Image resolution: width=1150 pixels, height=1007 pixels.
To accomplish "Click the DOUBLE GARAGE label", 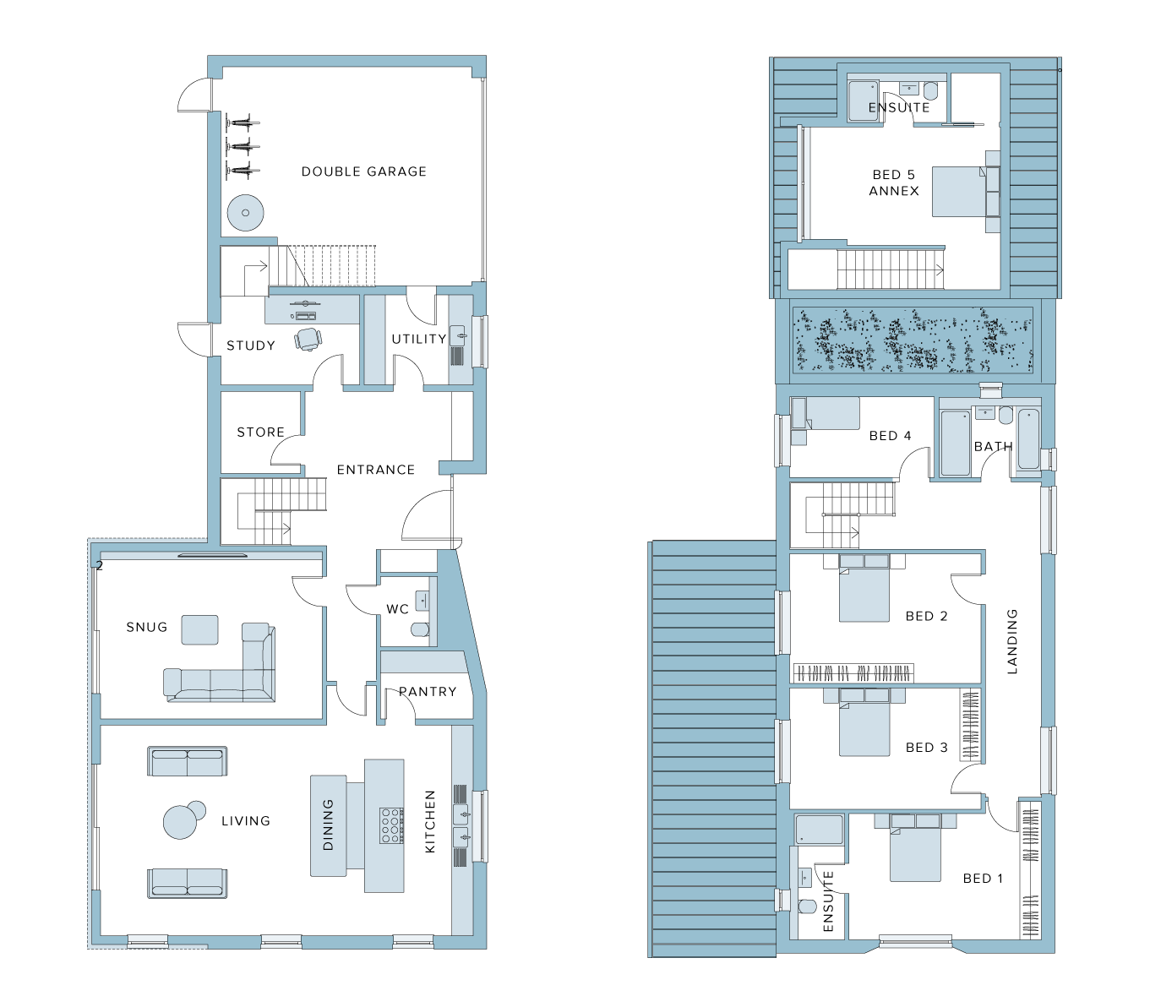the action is (x=363, y=171).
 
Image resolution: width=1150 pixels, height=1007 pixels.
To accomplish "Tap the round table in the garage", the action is (x=245, y=212).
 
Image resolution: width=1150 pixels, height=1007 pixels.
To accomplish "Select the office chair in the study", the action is (x=308, y=340).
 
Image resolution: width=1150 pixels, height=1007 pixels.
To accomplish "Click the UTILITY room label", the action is (x=419, y=339).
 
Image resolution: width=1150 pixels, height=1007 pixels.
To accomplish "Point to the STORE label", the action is (x=261, y=433).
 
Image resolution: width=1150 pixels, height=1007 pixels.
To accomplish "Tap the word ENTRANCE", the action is (x=375, y=470).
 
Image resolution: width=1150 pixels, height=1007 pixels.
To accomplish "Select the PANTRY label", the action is (x=428, y=692).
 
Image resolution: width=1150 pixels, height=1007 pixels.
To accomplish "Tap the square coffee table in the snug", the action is (x=199, y=629).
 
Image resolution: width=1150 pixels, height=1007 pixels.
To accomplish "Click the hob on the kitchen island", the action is (x=392, y=825).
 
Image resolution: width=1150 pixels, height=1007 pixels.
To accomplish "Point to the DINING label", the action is (x=328, y=825).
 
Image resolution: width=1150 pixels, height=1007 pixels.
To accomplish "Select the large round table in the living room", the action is (x=180, y=822).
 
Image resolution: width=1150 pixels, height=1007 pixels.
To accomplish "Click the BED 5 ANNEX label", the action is (x=894, y=183).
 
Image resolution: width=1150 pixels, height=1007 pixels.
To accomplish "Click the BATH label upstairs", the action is (x=993, y=446).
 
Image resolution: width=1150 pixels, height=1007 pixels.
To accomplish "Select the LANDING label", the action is (x=1011, y=641).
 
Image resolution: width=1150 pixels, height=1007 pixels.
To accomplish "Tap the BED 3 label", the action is (x=927, y=748).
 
